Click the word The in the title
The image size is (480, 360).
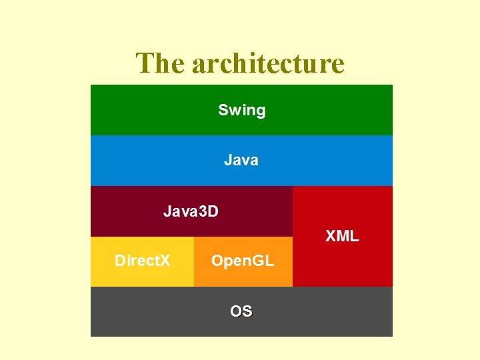coord(161,63)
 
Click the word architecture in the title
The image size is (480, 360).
coord(268,63)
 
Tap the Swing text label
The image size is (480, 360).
coord(241,110)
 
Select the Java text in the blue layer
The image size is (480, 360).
coord(241,160)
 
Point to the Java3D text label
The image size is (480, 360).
coord(191,211)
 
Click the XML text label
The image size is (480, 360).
coord(342,235)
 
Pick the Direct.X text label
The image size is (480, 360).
coord(142,261)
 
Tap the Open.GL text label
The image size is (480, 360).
coord(243,261)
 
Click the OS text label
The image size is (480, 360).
coord(241,311)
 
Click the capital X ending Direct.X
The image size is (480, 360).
coord(165,261)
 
